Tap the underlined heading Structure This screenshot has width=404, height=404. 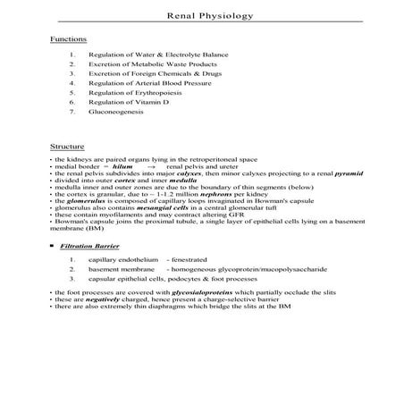(x=67, y=146)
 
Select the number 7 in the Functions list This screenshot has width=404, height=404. (x=72, y=114)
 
